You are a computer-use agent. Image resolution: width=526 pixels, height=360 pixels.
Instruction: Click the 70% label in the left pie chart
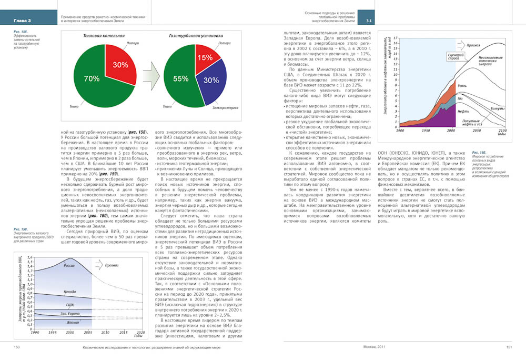pos(92,79)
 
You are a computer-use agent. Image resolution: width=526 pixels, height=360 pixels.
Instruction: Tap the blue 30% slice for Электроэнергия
pos(211,81)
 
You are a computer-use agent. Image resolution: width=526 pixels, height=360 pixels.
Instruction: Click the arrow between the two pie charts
pos(150,75)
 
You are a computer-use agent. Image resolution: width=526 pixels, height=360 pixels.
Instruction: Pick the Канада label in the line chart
pos(69,292)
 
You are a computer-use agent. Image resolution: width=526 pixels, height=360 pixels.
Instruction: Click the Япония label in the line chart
pos(73,322)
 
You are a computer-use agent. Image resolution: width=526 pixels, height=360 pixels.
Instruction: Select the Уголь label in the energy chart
pos(462,85)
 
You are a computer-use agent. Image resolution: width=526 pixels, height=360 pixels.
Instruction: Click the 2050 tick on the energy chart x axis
pos(476,130)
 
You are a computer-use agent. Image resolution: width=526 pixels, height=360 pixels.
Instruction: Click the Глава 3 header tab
pos(23,20)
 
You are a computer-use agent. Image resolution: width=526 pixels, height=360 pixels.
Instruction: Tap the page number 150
pos(17,346)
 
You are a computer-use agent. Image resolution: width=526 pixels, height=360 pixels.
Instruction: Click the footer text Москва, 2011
pos(375,346)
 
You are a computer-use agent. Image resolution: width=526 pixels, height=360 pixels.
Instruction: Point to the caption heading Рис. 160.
pos(479,152)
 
